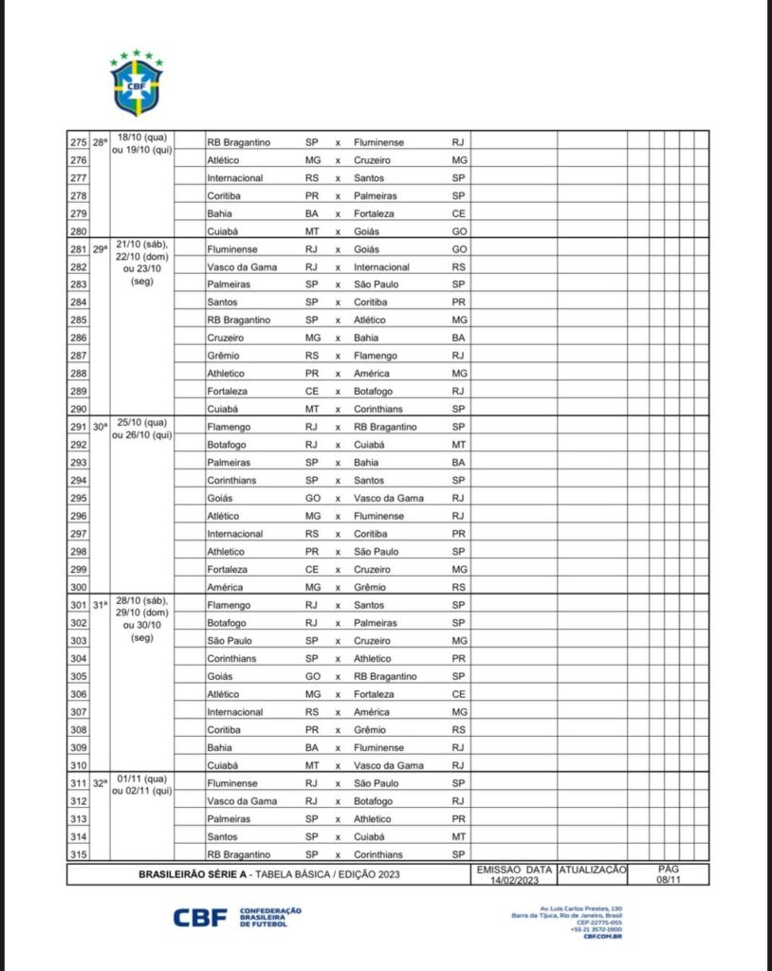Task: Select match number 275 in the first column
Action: click(78, 142)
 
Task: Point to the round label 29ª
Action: click(100, 249)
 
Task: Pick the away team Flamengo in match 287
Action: click(375, 356)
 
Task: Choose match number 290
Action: click(78, 409)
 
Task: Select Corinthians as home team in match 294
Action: click(232, 481)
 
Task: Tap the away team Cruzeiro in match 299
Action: click(373, 569)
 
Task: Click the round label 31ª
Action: click(100, 606)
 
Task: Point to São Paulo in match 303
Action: click(229, 641)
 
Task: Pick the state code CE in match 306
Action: click(459, 694)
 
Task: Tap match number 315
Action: click(78, 854)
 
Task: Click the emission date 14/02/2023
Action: click(514, 880)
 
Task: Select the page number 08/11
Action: click(670, 880)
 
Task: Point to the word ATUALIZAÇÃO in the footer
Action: click(593, 869)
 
